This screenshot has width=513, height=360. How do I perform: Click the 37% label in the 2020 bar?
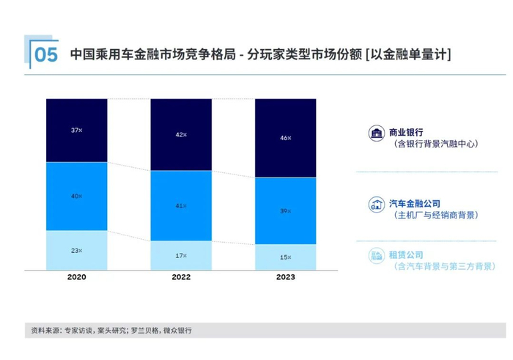[x=76, y=130]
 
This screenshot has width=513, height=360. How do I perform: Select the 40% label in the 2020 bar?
[x=76, y=196]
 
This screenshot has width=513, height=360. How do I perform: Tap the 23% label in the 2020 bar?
[x=76, y=251]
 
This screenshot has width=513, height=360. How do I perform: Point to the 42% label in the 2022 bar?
[x=181, y=135]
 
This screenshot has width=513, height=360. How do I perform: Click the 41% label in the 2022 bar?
[x=181, y=206]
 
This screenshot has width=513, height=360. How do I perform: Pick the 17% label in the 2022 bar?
[x=181, y=256]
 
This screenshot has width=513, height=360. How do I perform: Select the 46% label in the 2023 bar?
[x=285, y=138]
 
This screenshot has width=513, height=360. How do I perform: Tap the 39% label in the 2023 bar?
[x=285, y=211]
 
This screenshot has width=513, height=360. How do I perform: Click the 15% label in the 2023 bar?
[x=285, y=257]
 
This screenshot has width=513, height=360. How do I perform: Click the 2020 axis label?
[x=76, y=277]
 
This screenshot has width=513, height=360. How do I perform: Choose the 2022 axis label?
[x=181, y=277]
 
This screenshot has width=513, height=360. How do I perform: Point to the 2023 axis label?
[x=285, y=277]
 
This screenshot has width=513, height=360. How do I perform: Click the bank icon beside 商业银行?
[x=377, y=133]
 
